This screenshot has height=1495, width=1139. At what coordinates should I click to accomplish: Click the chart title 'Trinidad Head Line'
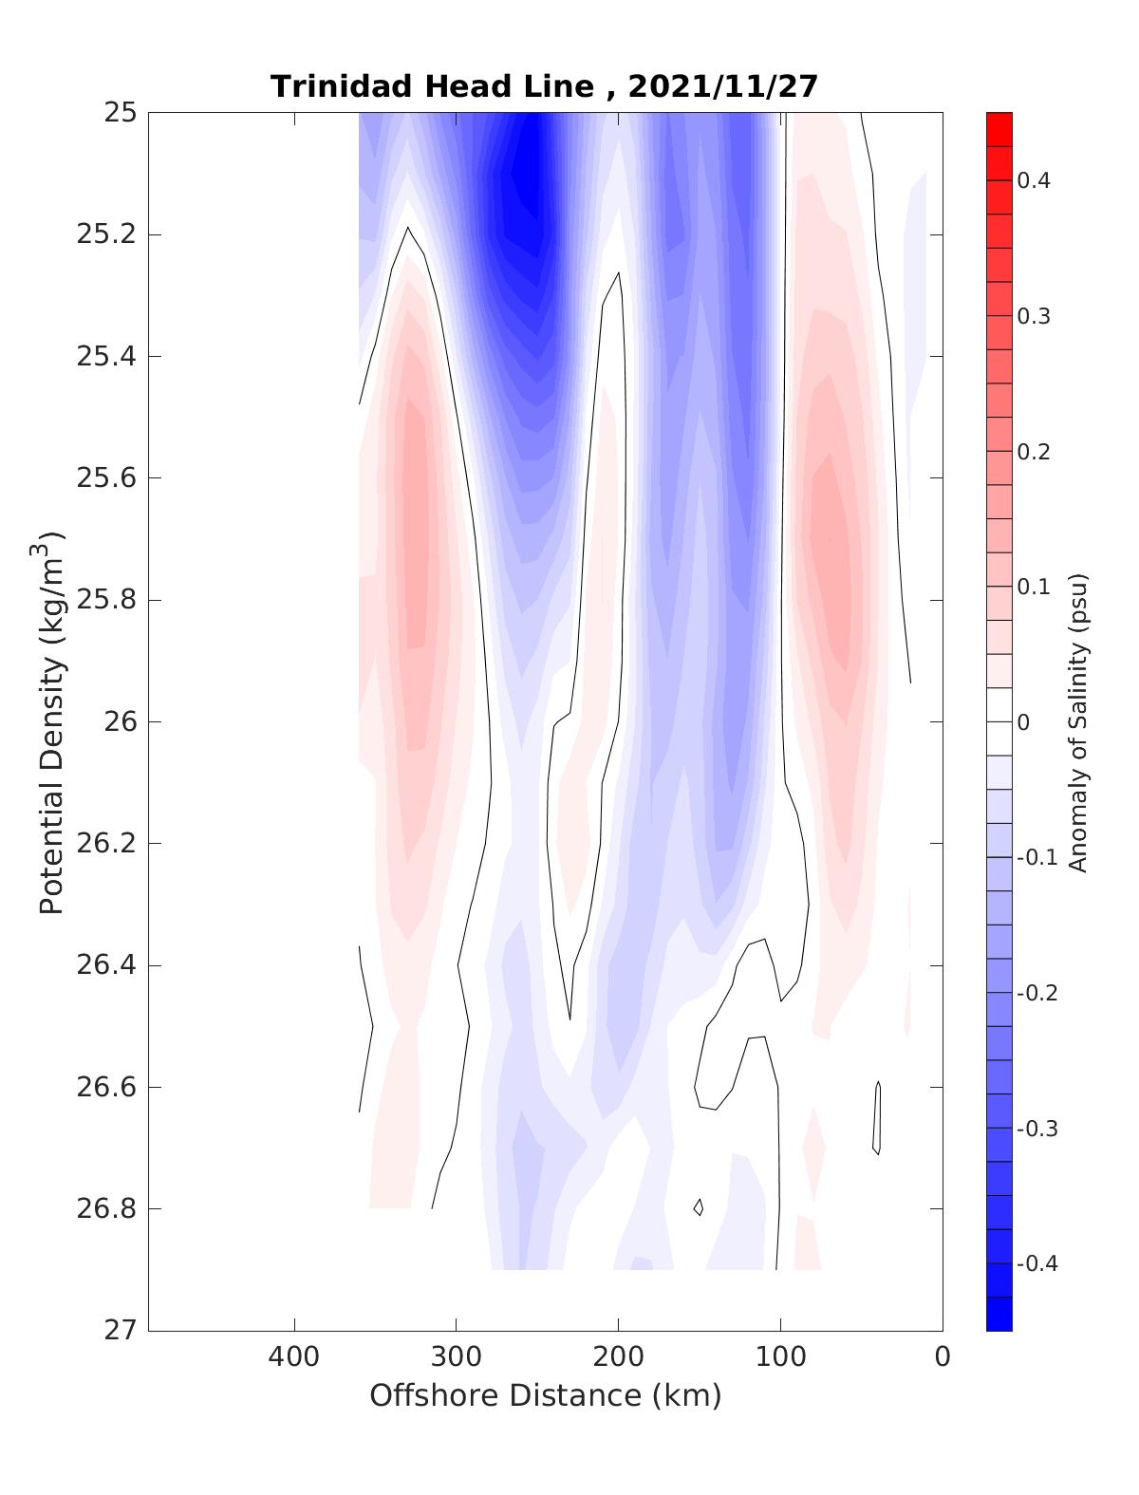pyautogui.click(x=432, y=86)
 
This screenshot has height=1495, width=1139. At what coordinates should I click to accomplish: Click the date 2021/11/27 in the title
pyautogui.click(x=722, y=86)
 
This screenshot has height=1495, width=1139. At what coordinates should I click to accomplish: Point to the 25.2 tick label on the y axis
pyautogui.click(x=105, y=234)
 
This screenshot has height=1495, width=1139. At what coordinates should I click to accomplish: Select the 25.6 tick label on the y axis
pyautogui.click(x=105, y=478)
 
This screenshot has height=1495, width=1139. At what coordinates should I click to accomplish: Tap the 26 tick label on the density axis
pyautogui.click(x=118, y=722)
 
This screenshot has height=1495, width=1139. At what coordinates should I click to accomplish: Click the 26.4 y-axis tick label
pyautogui.click(x=105, y=965)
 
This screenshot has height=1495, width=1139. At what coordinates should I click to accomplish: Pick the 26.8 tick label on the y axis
pyautogui.click(x=105, y=1209)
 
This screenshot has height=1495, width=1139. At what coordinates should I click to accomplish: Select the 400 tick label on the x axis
pyautogui.click(x=294, y=1357)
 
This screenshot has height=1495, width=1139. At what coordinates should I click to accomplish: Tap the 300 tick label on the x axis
pyautogui.click(x=457, y=1357)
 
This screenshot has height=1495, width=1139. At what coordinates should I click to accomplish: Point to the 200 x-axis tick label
pyautogui.click(x=619, y=1357)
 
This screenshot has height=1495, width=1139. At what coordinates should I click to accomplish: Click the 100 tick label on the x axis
pyautogui.click(x=781, y=1357)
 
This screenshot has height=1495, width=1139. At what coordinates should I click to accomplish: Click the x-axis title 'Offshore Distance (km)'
pyautogui.click(x=546, y=1396)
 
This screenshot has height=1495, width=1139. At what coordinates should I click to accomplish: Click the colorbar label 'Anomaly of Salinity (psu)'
pyautogui.click(x=1077, y=722)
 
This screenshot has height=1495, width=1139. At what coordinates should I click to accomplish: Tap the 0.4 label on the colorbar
pyautogui.click(x=1034, y=180)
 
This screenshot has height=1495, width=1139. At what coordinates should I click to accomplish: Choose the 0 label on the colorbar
pyautogui.click(x=1022, y=722)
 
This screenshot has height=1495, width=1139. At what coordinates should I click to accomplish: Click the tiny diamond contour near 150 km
pyautogui.click(x=699, y=1207)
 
